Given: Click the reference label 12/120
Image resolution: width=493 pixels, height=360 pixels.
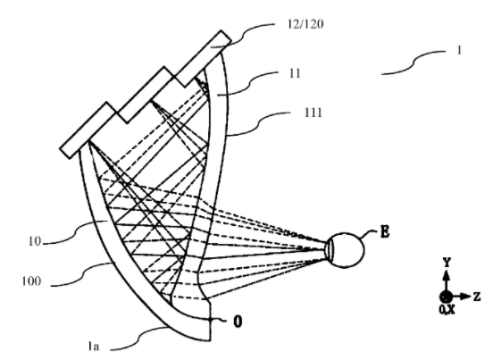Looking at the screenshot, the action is pyautogui.click(x=305, y=24).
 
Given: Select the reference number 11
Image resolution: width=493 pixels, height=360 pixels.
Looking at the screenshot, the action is pyautogui.click(x=295, y=73).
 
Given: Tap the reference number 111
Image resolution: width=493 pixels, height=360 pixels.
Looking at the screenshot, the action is pyautogui.click(x=313, y=113).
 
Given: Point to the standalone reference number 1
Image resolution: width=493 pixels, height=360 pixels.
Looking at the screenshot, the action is pyautogui.click(x=459, y=50).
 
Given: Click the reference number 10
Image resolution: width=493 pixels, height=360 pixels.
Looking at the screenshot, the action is pyautogui.click(x=35, y=241).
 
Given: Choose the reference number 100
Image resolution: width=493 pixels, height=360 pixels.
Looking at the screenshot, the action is pyautogui.click(x=31, y=280).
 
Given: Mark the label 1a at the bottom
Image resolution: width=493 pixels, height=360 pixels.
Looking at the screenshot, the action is pyautogui.click(x=94, y=347).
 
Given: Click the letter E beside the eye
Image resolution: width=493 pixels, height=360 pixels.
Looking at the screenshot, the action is pyautogui.click(x=385, y=232).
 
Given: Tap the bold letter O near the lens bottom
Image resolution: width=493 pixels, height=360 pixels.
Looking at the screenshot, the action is pyautogui.click(x=238, y=322).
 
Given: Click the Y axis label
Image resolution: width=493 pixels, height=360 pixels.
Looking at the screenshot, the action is pyautogui.click(x=447, y=262).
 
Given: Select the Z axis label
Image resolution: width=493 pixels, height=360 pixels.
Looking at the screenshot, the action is pyautogui.click(x=477, y=297).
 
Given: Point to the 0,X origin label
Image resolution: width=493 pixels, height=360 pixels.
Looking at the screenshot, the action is pyautogui.click(x=447, y=310).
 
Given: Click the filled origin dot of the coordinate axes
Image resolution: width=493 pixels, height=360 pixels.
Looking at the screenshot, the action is pyautogui.click(x=446, y=297).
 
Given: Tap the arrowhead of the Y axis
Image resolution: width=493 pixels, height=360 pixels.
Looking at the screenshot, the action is pyautogui.click(x=447, y=275).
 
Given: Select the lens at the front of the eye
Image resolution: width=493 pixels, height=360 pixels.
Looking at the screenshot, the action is pyautogui.click(x=330, y=250).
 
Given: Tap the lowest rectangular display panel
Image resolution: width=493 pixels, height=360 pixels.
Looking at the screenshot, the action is pyautogui.click(x=88, y=130).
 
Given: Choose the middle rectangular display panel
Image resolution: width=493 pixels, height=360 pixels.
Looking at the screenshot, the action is pyautogui.click(x=146, y=95).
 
